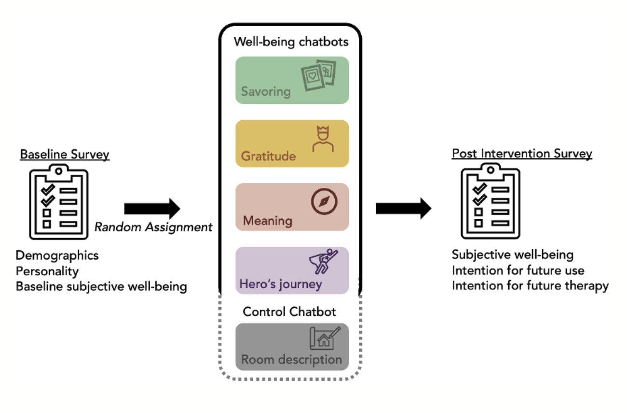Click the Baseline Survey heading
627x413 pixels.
point(65,155)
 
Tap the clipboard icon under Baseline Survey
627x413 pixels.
point(59,202)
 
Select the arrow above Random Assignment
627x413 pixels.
point(151,209)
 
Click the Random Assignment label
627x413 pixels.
point(153,227)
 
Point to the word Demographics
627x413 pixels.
point(57,255)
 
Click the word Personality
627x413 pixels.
point(47,271)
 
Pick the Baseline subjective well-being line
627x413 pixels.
point(101,286)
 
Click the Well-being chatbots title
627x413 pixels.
point(291,42)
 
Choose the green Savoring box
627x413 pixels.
point(292,80)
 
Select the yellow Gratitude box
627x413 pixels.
point(292,143)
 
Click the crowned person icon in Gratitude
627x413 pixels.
point(323,139)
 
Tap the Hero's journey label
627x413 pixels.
point(281,284)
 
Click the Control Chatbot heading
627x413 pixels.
point(289,312)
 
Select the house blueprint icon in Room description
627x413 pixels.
point(324,338)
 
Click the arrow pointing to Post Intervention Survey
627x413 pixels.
point(403,209)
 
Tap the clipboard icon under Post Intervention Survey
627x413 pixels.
point(491,202)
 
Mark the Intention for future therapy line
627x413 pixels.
point(530,286)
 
